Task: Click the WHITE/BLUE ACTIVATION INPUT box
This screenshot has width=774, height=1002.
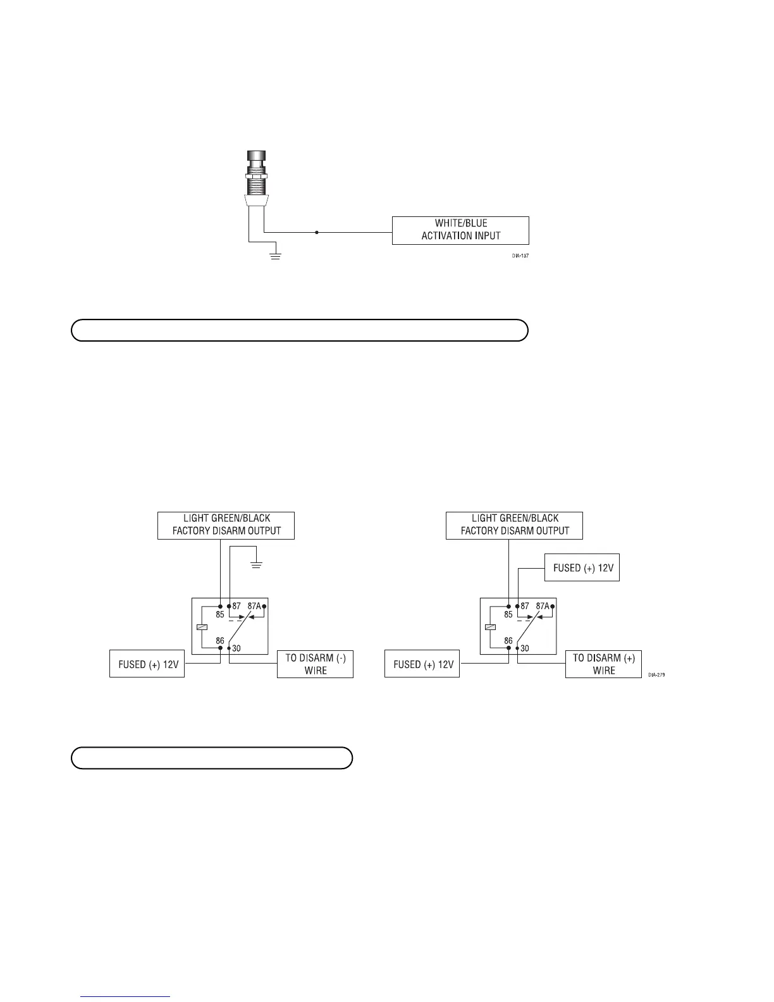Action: tap(460, 230)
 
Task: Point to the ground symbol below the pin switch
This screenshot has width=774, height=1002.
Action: tap(274, 256)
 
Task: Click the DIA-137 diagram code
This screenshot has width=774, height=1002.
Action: tap(520, 257)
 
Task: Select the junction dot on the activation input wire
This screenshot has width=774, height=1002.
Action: tap(316, 232)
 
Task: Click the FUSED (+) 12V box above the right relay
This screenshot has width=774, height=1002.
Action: tap(582, 568)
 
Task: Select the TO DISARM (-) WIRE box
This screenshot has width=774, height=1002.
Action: tap(315, 665)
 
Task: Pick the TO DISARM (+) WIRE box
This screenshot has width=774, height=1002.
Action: tap(603, 665)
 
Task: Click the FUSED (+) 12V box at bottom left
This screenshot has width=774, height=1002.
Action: tap(147, 664)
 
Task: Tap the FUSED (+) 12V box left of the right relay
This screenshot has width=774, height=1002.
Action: tap(422, 664)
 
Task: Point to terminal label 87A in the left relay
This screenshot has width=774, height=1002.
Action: tap(254, 606)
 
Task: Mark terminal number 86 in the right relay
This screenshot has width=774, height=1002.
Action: tap(508, 641)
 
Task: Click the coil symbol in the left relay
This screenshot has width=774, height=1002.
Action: tap(200, 628)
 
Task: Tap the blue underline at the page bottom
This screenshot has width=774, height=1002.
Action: tap(126, 997)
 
